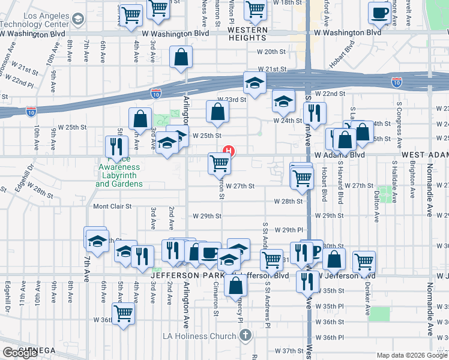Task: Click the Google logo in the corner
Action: [x=20, y=352]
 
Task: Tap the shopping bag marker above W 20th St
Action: [x=181, y=58]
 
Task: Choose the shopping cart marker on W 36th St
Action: [x=124, y=313]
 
